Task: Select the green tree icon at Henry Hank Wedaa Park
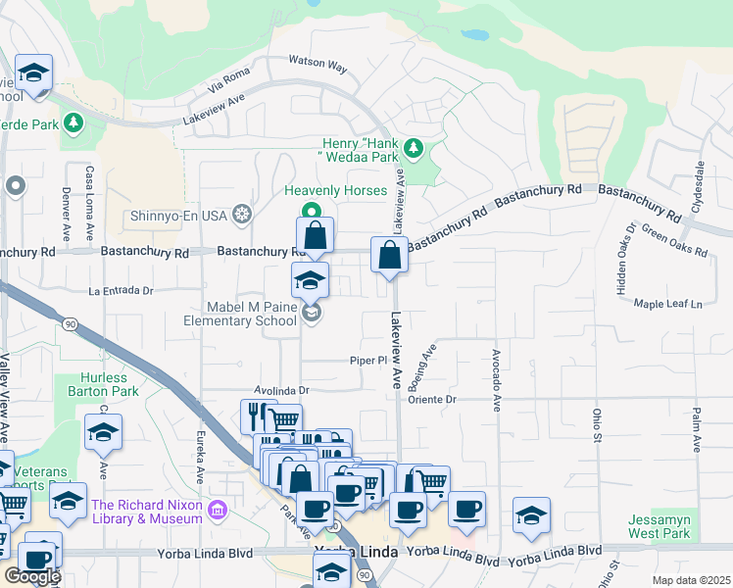click(415, 148)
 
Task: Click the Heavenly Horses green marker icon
click(312, 210)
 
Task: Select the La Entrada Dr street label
click(122, 291)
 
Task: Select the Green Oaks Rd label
click(674, 240)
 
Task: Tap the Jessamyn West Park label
click(658, 526)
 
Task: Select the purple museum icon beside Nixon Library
click(218, 509)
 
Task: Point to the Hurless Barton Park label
click(99, 384)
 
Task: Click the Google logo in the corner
click(31, 576)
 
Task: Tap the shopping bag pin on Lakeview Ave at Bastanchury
click(389, 256)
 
